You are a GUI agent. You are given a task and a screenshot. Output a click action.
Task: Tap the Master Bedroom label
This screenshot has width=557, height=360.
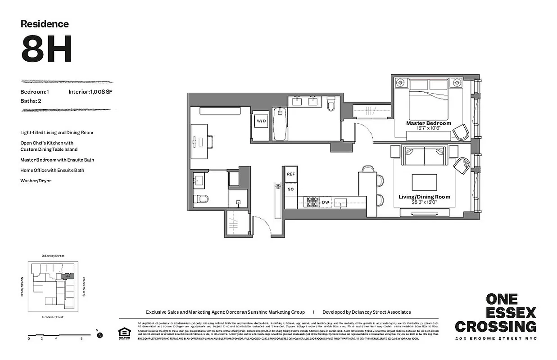(x=428, y=123)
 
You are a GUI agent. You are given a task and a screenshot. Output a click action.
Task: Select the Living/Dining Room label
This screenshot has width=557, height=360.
(x=424, y=197)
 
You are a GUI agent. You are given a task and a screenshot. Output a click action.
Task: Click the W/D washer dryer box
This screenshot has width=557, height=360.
(x=261, y=121)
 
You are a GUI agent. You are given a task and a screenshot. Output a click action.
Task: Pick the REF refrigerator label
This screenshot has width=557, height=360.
(x=291, y=174)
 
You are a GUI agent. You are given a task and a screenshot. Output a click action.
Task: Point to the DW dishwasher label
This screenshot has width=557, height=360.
(x=325, y=203)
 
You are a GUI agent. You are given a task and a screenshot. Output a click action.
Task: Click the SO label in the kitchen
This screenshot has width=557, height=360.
(x=291, y=189)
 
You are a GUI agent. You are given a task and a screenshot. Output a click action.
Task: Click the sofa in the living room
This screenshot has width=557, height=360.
(x=424, y=156)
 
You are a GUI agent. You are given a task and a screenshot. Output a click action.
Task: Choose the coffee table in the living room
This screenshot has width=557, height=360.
(x=424, y=182)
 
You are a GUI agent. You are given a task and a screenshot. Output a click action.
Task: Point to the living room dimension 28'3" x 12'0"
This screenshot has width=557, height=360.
(x=424, y=202)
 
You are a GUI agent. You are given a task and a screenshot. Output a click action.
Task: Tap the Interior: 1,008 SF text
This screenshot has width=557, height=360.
(x=91, y=92)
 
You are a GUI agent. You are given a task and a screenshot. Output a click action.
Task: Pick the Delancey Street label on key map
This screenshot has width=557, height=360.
(x=53, y=256)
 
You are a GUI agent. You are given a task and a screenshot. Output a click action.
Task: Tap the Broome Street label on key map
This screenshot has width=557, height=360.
(x=53, y=317)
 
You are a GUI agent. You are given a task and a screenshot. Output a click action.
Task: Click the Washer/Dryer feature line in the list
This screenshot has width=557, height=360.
(x=36, y=180)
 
